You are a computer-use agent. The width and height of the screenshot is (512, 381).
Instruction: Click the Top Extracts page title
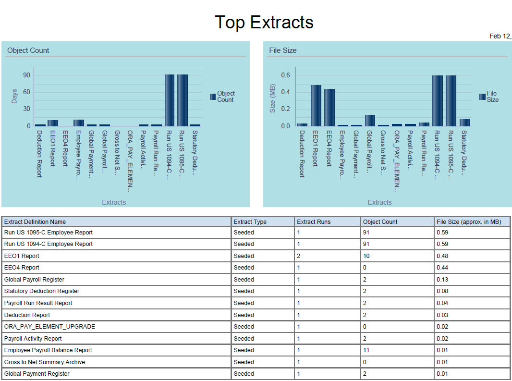pyautogui.click(x=264, y=22)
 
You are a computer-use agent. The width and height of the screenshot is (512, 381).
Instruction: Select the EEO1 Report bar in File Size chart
pyautogui.click(x=316, y=106)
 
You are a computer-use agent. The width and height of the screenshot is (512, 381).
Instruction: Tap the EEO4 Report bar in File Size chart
pyautogui.click(x=329, y=108)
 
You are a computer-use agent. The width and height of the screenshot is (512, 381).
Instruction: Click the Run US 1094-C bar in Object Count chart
pyautogui.click(x=170, y=100)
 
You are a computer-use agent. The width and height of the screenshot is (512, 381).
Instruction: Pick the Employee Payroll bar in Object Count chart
pyautogui.click(x=79, y=123)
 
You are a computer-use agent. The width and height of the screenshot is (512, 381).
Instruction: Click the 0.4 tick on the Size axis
pyautogui.click(x=285, y=92)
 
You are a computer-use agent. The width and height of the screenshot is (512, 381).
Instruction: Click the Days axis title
pyautogui.click(x=14, y=96)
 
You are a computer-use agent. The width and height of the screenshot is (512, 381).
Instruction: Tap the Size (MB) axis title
pyautogui.click(x=273, y=98)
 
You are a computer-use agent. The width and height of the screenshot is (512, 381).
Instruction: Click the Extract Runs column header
pyautogui.click(x=314, y=222)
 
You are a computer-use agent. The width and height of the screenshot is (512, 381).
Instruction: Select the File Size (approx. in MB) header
pyautogui.click(x=468, y=222)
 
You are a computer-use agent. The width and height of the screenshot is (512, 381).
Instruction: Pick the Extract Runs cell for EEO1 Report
pyautogui.click(x=299, y=256)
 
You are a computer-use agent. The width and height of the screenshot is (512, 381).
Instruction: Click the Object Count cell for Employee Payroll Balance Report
pyautogui.click(x=367, y=350)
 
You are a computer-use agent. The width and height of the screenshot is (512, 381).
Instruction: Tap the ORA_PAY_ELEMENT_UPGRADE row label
pyautogui.click(x=49, y=327)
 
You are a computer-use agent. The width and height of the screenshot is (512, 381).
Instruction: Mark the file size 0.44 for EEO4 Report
pyautogui.click(x=442, y=268)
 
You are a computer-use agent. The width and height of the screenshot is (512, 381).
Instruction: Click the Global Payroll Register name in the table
pyautogui.click(x=34, y=280)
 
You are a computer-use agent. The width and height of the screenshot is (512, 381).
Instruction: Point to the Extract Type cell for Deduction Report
pyautogui.click(x=244, y=315)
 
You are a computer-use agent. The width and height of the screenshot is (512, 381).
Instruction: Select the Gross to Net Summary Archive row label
pyautogui.click(x=45, y=362)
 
